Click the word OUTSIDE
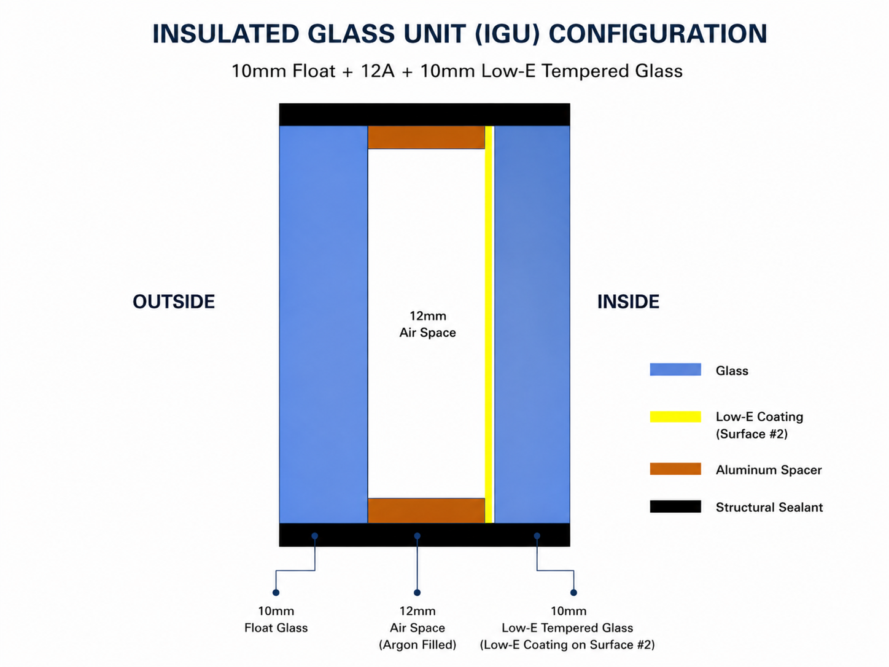[x=174, y=302]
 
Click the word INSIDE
[x=628, y=302]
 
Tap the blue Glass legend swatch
[x=675, y=369]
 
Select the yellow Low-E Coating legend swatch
[x=675, y=417]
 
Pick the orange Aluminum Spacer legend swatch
[x=675, y=469]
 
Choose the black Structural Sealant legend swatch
[x=675, y=506]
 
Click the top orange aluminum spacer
[x=426, y=138]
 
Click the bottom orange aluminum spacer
[x=426, y=510]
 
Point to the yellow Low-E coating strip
[x=489, y=324]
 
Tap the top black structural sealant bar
[x=424, y=115]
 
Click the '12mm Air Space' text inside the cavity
[x=428, y=324]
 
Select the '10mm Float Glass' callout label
[x=276, y=619]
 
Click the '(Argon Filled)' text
[x=417, y=644]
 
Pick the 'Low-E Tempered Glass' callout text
[x=567, y=628]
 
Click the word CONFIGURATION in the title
[x=658, y=33]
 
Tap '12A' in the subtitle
[x=378, y=71]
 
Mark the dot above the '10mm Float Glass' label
[x=276, y=593]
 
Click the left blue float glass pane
[x=323, y=324]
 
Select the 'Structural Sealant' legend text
[x=769, y=507]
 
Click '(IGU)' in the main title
[x=507, y=33]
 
